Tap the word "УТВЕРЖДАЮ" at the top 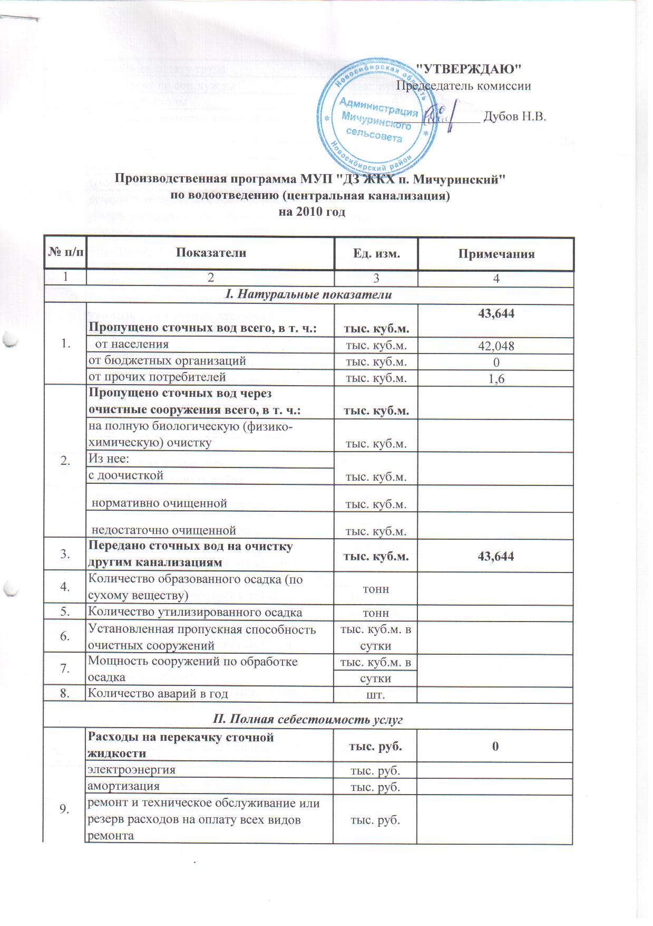(469, 69)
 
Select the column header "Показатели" (211, 253)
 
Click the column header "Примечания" (496, 254)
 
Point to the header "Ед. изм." (376, 254)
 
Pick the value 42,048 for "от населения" (496, 346)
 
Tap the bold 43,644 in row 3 (496, 556)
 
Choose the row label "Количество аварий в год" (158, 693)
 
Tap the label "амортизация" (124, 786)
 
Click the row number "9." (65, 810)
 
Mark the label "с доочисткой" (126, 475)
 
